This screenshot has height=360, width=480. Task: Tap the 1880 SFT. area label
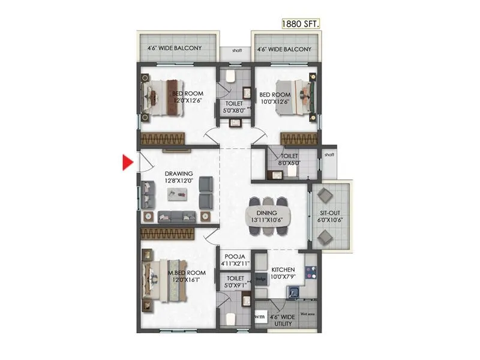[x=301, y=24]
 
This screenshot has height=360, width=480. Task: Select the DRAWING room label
[x=179, y=173]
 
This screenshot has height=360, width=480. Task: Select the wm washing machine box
[x=260, y=316]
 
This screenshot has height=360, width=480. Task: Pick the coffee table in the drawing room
[x=179, y=194]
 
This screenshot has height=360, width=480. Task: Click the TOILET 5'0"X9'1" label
[x=235, y=282]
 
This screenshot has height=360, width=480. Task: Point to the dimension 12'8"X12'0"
[x=179, y=180]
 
